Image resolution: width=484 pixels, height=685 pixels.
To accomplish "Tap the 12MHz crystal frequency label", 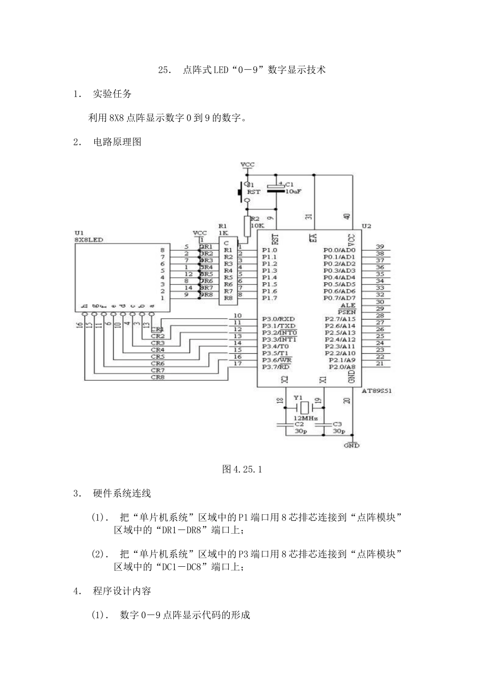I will click(306, 417).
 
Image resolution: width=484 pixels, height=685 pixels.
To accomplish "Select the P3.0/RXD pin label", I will click(278, 319).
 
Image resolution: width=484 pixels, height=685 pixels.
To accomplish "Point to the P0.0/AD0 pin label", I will click(339, 250).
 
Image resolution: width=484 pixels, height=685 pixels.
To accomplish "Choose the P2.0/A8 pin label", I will click(342, 367).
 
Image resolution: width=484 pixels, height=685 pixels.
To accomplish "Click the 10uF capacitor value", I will click(293, 192).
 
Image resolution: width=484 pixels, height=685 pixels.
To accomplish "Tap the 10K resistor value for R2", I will click(257, 225).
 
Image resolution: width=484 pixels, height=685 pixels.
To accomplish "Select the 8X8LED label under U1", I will click(89, 239).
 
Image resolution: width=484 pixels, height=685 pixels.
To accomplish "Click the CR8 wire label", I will click(157, 378).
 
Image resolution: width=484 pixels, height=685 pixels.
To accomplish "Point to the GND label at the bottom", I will click(352, 445).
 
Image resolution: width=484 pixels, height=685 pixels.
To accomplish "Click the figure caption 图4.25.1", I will click(242, 469).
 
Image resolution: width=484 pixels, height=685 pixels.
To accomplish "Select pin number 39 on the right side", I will click(380, 247).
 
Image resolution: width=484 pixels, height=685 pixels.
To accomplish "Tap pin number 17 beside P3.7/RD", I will click(237, 363).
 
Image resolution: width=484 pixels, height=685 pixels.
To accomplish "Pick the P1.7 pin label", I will click(270, 298).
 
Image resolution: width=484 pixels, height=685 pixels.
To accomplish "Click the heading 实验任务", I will click(112, 94).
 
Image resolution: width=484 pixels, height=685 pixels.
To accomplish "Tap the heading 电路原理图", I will click(117, 142).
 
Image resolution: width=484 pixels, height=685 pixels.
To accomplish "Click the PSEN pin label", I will click(347, 312).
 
